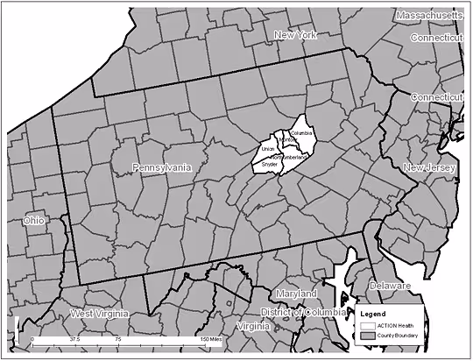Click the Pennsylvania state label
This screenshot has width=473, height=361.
click(161, 167)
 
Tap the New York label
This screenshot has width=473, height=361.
click(294, 35)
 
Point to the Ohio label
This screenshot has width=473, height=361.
click(34, 221)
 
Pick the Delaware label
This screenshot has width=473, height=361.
click(389, 286)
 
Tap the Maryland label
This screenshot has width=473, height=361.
click(294, 293)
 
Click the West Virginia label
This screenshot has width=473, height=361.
click(99, 314)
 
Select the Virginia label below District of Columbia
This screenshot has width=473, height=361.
click(253, 326)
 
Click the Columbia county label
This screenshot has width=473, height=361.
click(301, 133)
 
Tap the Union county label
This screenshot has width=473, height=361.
click(268, 150)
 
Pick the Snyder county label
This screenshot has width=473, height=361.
click(270, 164)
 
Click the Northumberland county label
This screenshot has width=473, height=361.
click(289, 156)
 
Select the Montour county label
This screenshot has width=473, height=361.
click(286, 140)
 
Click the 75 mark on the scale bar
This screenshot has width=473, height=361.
click(117, 337)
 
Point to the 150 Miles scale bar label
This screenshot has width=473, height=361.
click(210, 337)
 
